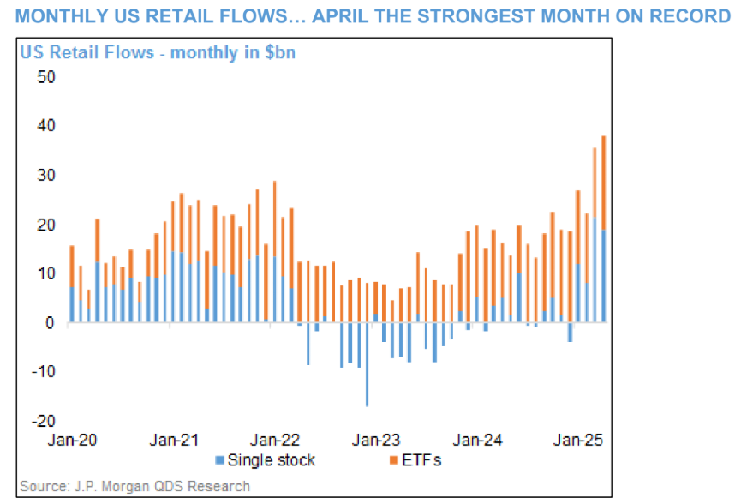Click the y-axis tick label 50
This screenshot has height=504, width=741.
tap(44, 77)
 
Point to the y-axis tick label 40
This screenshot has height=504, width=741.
tap(44, 126)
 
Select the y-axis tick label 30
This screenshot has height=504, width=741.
tap(44, 176)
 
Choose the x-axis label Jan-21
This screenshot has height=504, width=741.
tap(175, 441)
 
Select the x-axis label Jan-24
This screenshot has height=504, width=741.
tap(477, 441)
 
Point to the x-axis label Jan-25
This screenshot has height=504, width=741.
tap(578, 441)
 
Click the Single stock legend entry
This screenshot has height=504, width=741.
tap(266, 461)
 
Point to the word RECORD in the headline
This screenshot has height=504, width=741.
tap(690, 17)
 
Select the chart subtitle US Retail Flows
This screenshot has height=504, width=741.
tap(158, 52)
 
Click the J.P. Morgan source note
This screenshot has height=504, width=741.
tap(134, 487)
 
